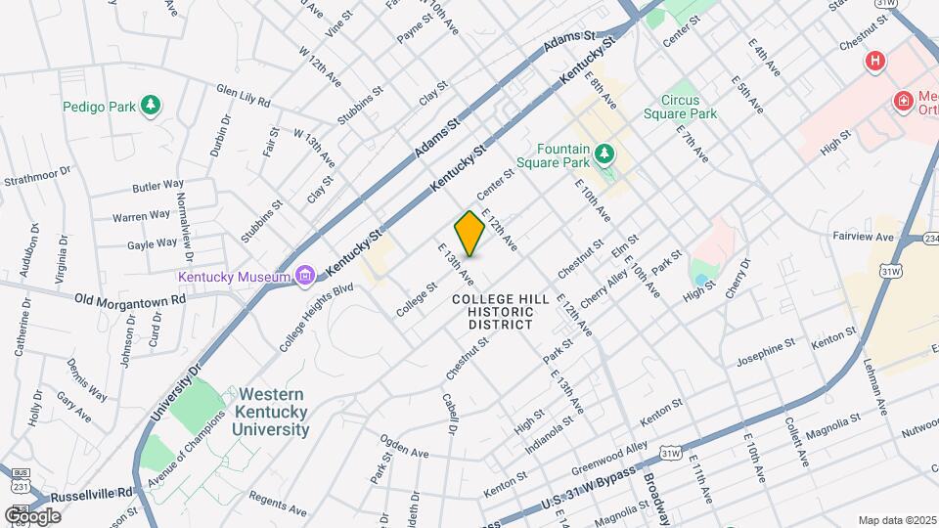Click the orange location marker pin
tap(469, 233)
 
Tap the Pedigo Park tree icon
tap(150, 105)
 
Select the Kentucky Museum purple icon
tap(304, 276)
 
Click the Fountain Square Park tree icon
tap(605, 154)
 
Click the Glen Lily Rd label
tap(244, 94)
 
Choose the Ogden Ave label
tap(405, 451)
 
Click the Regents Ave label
tap(278, 497)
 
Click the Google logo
tap(32, 515)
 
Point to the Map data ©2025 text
tap(897, 520)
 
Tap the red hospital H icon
tap(874, 62)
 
